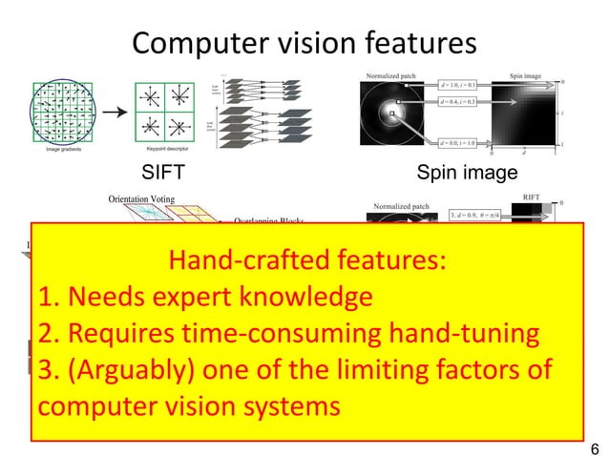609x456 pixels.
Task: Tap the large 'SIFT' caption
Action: point(162,174)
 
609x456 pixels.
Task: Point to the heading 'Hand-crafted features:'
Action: point(305,260)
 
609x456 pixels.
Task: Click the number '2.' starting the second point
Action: point(51,334)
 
